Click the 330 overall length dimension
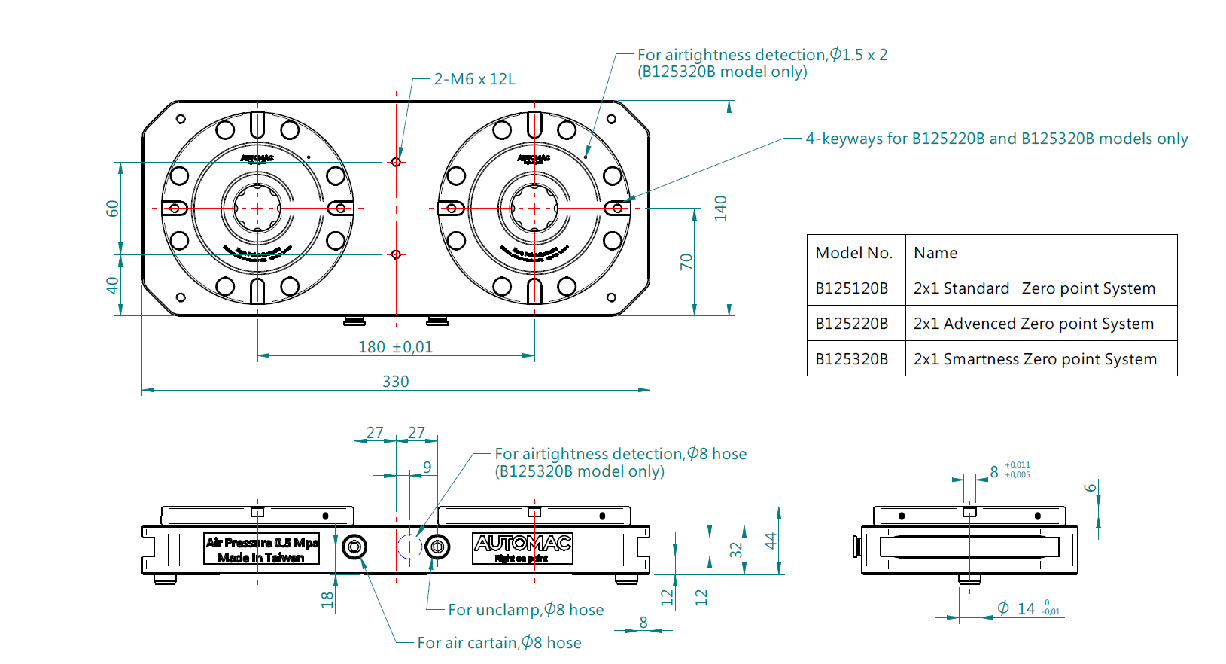(x=396, y=382)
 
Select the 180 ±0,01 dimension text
(x=395, y=347)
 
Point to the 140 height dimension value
(x=721, y=208)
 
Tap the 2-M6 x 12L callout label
(x=474, y=79)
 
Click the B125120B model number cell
(x=852, y=288)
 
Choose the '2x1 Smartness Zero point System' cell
(x=1035, y=359)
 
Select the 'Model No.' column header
(x=854, y=253)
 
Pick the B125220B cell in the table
(x=852, y=324)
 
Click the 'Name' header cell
(x=935, y=253)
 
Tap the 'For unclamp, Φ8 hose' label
(x=525, y=610)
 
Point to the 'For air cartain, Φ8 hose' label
(x=499, y=643)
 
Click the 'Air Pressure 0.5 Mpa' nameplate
(x=262, y=550)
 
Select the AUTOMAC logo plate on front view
(x=522, y=548)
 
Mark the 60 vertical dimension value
(x=112, y=209)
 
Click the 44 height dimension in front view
(x=771, y=541)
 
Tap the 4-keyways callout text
(x=996, y=139)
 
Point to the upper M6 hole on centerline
(x=396, y=162)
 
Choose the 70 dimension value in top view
(x=686, y=261)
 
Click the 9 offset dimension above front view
(x=427, y=467)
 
